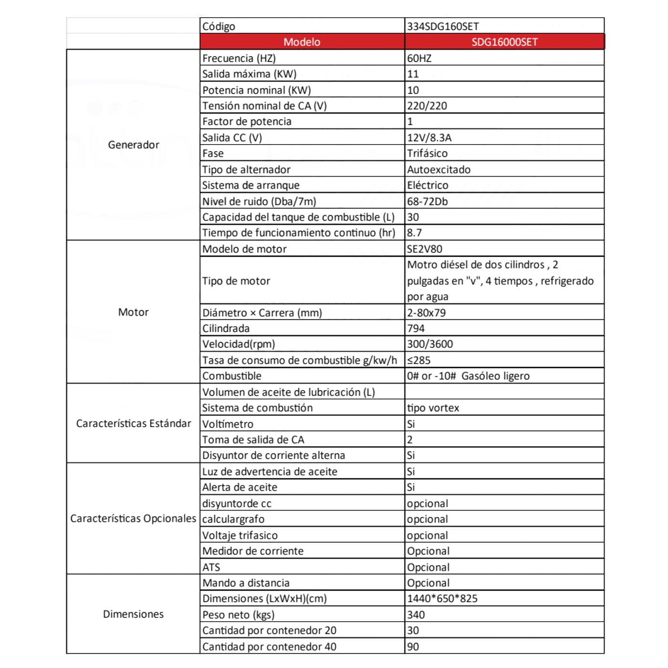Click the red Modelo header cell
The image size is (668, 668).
pyautogui.click(x=302, y=42)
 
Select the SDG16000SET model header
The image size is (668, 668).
pyautogui.click(x=504, y=42)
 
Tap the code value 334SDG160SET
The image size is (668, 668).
pyautogui.click(x=443, y=26)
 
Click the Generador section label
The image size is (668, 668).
pyautogui.click(x=134, y=145)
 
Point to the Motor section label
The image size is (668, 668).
pyautogui.click(x=134, y=312)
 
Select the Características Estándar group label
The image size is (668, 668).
pyautogui.click(x=134, y=423)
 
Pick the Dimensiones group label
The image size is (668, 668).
pyautogui.click(x=134, y=614)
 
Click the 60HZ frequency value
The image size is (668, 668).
pyautogui.click(x=419, y=58)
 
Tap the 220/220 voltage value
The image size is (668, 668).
pyautogui.click(x=427, y=106)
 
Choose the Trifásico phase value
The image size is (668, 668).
pyautogui.click(x=428, y=153)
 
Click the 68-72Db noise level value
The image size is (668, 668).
pyautogui.click(x=428, y=201)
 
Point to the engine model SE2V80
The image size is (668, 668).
pyautogui.click(x=425, y=249)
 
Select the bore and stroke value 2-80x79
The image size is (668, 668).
pyautogui.click(x=427, y=313)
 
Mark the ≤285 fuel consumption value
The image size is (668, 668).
pyautogui.click(x=419, y=360)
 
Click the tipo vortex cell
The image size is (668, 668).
pyautogui.click(x=433, y=408)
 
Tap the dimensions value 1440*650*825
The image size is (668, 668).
pyautogui.click(x=442, y=598)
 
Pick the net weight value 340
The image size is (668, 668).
pyautogui.click(x=416, y=615)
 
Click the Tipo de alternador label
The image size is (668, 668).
pyautogui.click(x=246, y=169)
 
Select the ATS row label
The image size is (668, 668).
pyautogui.click(x=211, y=567)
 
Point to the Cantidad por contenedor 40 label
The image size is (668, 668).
pyautogui.click(x=269, y=647)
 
